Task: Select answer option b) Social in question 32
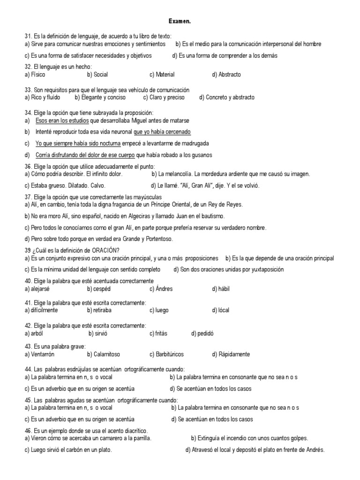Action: tap(97, 75)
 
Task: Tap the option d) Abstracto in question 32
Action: tap(226, 75)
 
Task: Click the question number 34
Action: tap(28, 113)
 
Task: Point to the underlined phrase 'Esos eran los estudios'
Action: tap(62, 120)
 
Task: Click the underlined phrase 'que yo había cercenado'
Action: tap(162, 132)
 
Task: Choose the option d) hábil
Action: tap(221, 289)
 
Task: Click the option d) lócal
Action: tap(220, 310)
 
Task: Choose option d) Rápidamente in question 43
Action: tap(231, 354)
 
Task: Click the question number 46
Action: tap(28, 430)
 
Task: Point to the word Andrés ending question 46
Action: tap(314, 450)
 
